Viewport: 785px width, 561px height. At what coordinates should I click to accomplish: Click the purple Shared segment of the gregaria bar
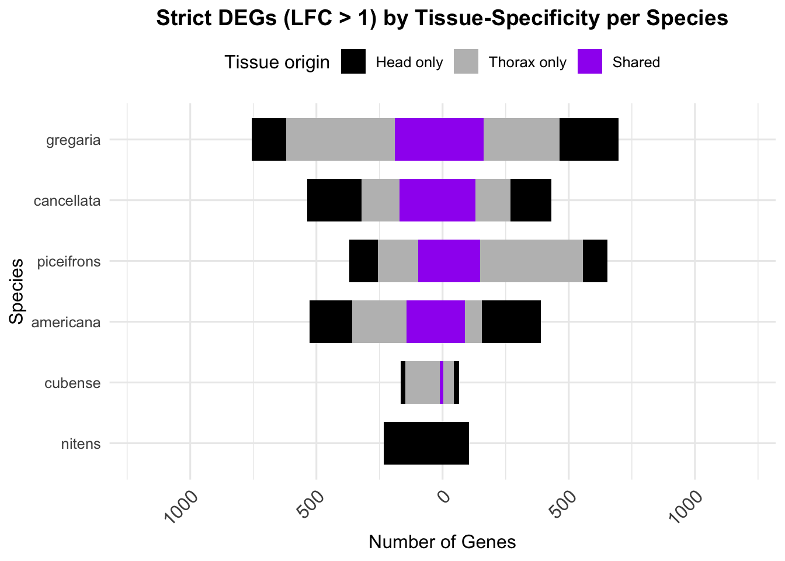(439, 140)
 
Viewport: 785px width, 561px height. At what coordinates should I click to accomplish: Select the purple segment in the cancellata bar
(437, 200)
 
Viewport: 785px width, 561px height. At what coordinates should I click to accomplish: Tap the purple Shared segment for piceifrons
(449, 261)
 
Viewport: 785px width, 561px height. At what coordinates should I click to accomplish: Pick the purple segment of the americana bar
(436, 322)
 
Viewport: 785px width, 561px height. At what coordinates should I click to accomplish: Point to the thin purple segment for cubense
(442, 383)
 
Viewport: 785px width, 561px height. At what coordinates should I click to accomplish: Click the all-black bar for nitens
(426, 444)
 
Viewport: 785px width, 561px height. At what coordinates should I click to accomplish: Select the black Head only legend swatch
(353, 62)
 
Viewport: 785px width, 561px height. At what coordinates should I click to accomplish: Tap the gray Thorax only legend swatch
(466, 62)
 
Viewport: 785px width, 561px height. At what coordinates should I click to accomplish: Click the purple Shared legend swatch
(590, 62)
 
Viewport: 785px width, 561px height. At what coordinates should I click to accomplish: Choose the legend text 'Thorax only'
(527, 63)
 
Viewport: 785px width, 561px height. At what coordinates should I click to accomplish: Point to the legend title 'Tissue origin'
(277, 63)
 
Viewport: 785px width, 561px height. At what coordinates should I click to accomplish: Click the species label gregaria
(74, 140)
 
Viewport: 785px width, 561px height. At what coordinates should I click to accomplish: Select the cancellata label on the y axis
(67, 201)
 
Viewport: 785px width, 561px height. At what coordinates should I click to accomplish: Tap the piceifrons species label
(69, 262)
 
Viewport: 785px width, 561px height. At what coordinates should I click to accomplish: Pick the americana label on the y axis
(66, 323)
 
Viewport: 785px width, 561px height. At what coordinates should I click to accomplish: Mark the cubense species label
(72, 383)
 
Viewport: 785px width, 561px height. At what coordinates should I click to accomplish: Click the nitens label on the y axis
(81, 444)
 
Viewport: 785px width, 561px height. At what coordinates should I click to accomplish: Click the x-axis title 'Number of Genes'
(442, 542)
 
